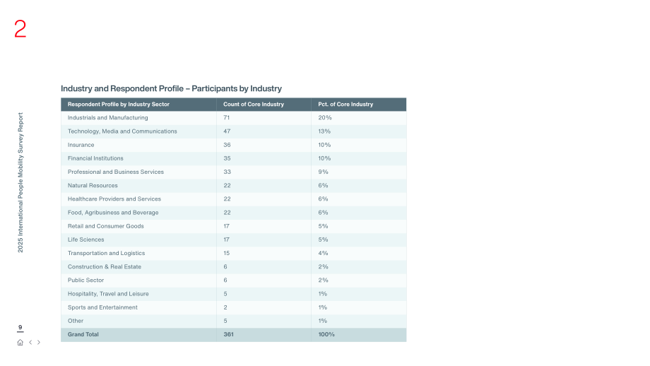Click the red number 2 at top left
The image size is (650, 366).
(20, 29)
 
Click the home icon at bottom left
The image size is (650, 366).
(20, 343)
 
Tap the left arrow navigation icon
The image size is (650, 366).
(30, 343)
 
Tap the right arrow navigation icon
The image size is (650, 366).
(39, 343)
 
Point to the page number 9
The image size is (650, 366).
(20, 327)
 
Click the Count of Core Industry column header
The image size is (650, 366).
(253, 105)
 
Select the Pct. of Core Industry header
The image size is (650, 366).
(345, 105)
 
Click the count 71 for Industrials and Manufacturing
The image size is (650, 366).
(226, 118)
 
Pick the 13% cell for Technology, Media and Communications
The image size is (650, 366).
(324, 131)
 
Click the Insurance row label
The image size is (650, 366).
(81, 145)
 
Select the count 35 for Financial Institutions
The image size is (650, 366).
(227, 158)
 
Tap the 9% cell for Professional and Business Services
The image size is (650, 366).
(323, 172)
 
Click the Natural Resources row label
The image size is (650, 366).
(93, 186)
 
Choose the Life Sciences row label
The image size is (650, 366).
(85, 240)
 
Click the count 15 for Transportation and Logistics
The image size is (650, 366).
(226, 253)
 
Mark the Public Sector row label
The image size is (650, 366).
(85, 281)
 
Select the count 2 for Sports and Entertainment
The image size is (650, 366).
(225, 307)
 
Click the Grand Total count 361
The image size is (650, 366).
(228, 334)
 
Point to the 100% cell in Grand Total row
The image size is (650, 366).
(326, 334)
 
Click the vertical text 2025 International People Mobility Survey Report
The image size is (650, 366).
(20, 182)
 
